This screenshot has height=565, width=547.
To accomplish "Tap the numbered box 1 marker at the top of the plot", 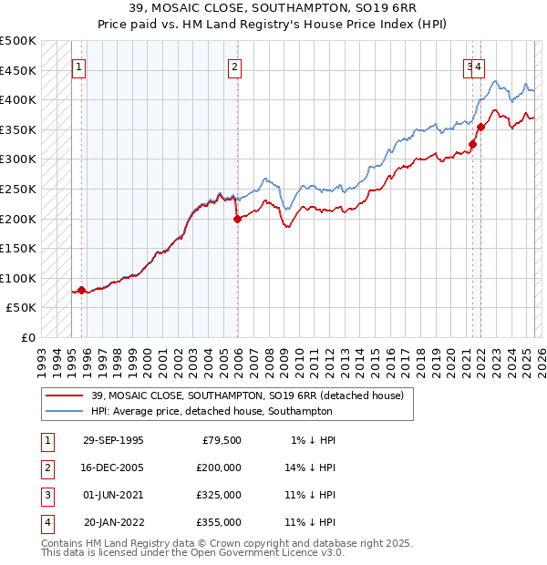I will (x=78, y=67).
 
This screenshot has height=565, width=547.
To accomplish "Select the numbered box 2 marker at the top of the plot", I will (x=234, y=67).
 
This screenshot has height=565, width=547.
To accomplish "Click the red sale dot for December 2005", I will (x=237, y=219).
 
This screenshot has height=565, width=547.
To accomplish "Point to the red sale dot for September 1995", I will (x=81, y=290).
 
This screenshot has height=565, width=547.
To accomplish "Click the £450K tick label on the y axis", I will (x=19, y=70).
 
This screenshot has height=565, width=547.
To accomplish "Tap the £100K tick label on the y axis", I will (x=19, y=278).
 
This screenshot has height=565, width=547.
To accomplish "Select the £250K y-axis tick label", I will (x=19, y=189).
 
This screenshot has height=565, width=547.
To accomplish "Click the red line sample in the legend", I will (x=65, y=395).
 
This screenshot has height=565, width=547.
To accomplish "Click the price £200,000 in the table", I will (x=219, y=467).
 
